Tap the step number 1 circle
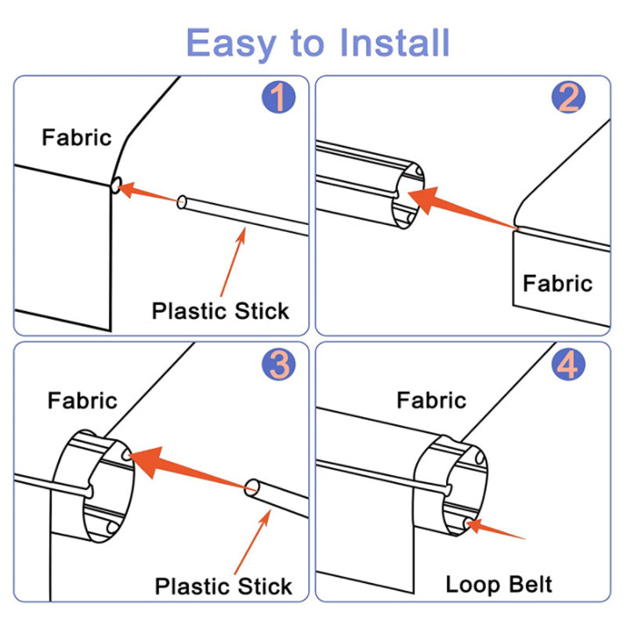pos(277,100)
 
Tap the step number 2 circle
pos(568,100)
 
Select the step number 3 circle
pos(277,364)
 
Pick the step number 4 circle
pos(568,364)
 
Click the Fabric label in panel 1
pos(77,138)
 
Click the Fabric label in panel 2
pos(557,283)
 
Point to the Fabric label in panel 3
pos(82,401)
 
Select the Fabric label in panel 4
pos(431,401)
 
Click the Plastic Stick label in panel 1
pos(220,310)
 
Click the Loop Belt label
pos(498,584)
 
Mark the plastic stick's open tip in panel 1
pos(182,203)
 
